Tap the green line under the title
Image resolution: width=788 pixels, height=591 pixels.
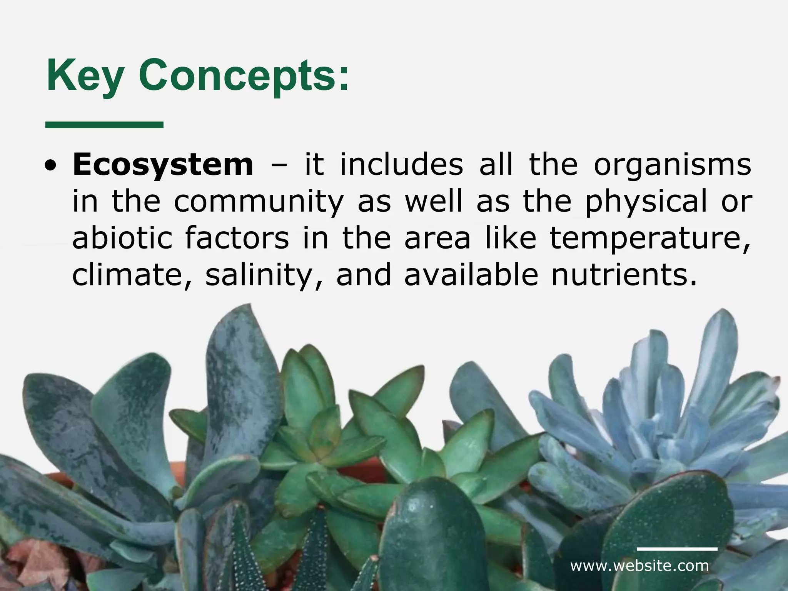pos(104,124)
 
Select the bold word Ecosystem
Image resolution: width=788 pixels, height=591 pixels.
pos(163,165)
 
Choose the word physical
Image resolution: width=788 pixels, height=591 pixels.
pos(646,202)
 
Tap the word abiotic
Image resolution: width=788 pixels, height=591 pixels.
pos(122,238)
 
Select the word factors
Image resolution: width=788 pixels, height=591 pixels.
pos(237,238)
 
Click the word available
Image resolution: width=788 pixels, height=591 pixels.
pos(471,274)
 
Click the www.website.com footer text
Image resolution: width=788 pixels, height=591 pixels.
pos(639,566)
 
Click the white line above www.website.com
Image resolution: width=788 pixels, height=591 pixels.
pos(677,549)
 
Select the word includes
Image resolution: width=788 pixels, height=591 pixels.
pos(401,165)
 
